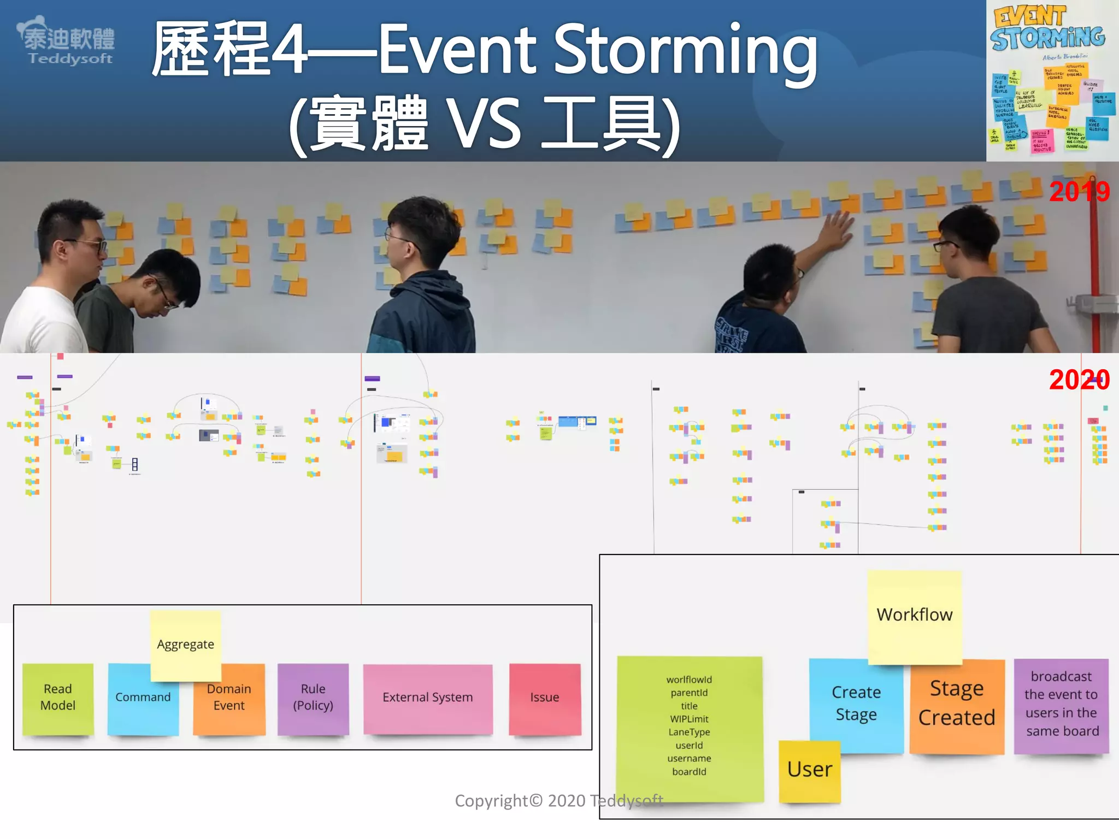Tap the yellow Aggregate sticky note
pyautogui.click(x=186, y=645)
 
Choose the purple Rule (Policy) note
pyautogui.click(x=313, y=698)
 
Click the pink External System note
pyautogui.click(x=428, y=698)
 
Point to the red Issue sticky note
pyautogui.click(x=544, y=698)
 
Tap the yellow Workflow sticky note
pyautogui.click(x=915, y=615)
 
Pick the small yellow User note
pyautogui.click(x=809, y=770)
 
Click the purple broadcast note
pyautogui.click(x=1061, y=704)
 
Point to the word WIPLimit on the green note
pyautogui.click(x=689, y=719)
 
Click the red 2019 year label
pyautogui.click(x=1079, y=192)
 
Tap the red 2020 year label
pyautogui.click(x=1079, y=380)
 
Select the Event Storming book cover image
pyautogui.click(x=1051, y=80)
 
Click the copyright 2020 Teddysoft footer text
pyautogui.click(x=558, y=801)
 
